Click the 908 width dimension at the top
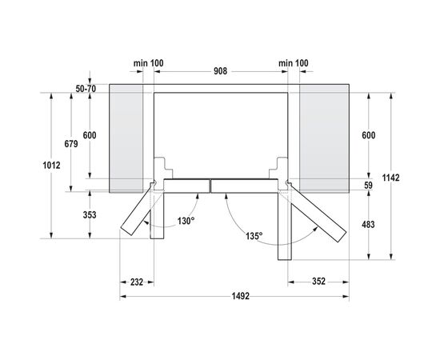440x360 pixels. [x=220, y=72]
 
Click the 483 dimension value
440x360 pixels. [x=369, y=226]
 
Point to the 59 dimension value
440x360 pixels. [x=369, y=186]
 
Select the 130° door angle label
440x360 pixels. [x=185, y=221]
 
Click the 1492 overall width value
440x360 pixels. [x=234, y=296]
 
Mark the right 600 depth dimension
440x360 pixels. [x=369, y=136]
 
